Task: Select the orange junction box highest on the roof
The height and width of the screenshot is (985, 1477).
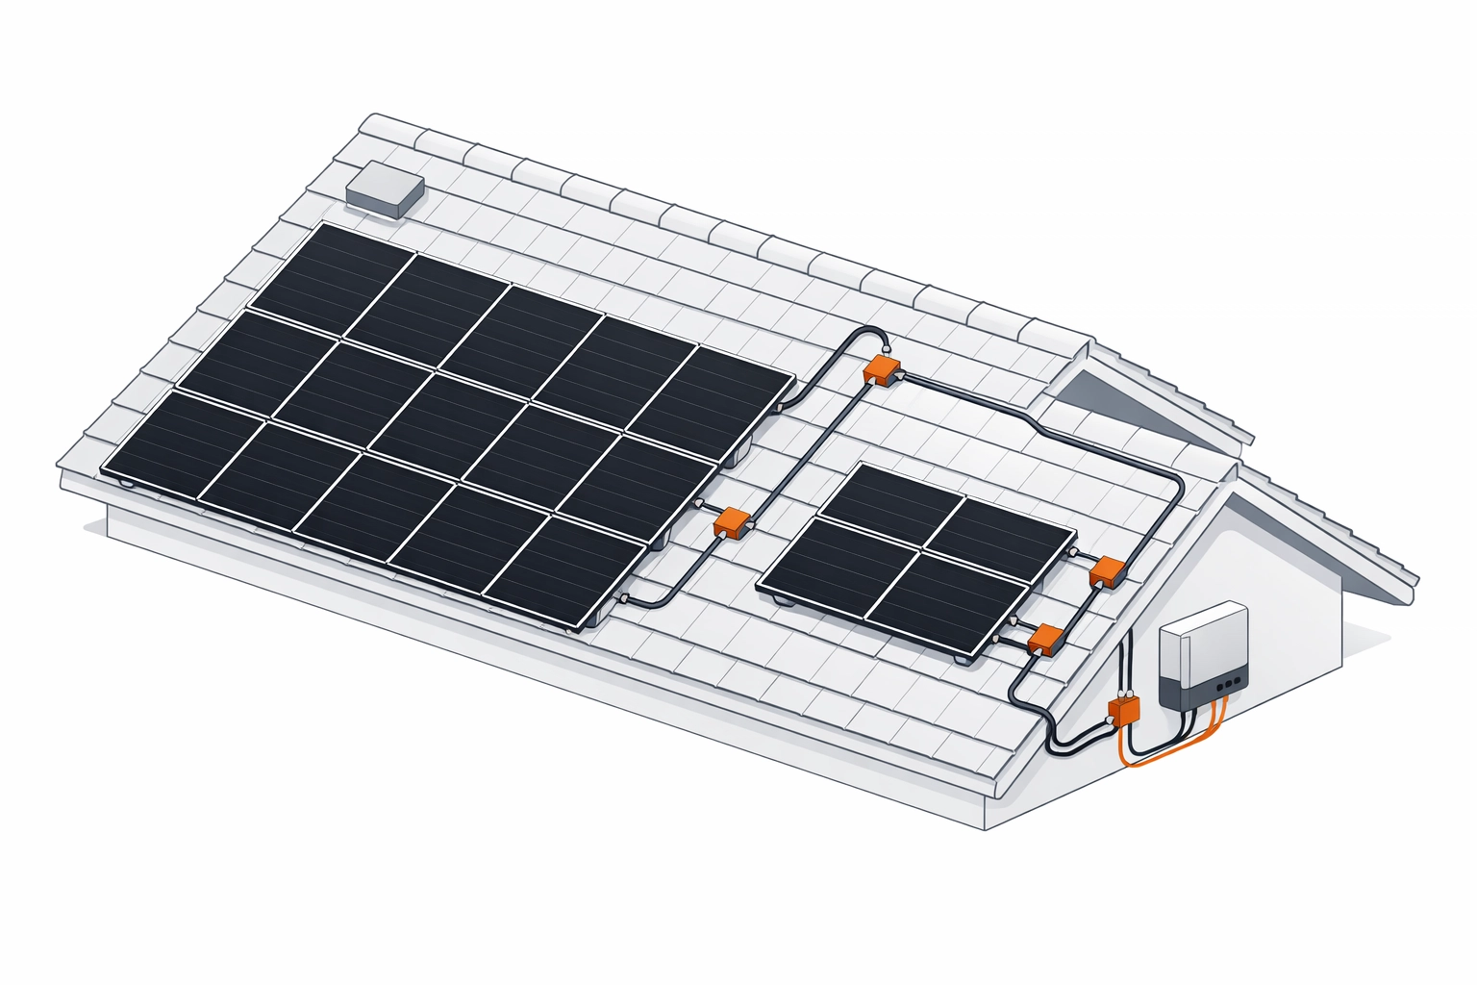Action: click(x=881, y=369)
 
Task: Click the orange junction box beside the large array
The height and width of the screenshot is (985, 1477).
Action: click(x=733, y=522)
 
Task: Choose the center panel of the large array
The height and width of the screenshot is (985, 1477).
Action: click(x=448, y=422)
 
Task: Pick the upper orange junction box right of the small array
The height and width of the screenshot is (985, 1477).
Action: click(x=1105, y=571)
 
